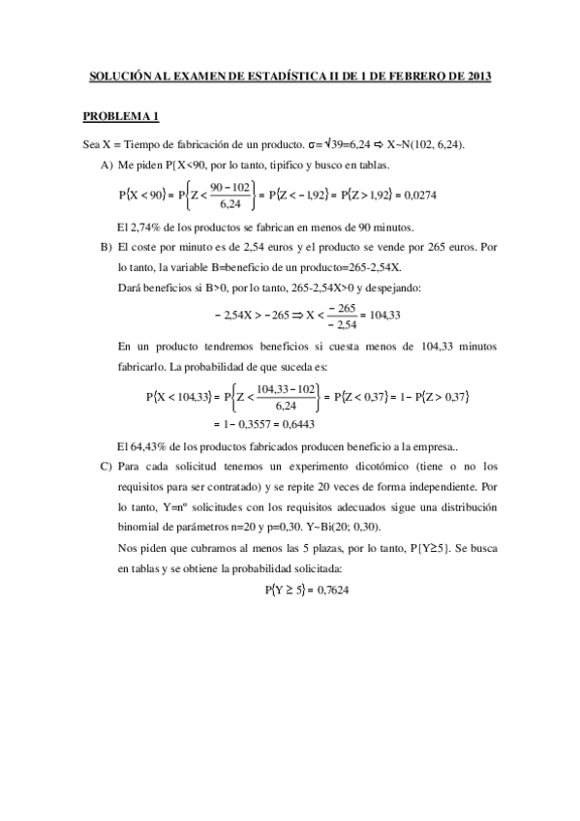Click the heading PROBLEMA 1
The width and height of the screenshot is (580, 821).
click(x=120, y=117)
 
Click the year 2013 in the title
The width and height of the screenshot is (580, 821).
click(x=477, y=75)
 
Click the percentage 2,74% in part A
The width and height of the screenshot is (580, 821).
click(x=143, y=228)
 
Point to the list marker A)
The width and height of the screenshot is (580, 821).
click(x=106, y=166)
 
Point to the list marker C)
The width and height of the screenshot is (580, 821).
click(x=106, y=466)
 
